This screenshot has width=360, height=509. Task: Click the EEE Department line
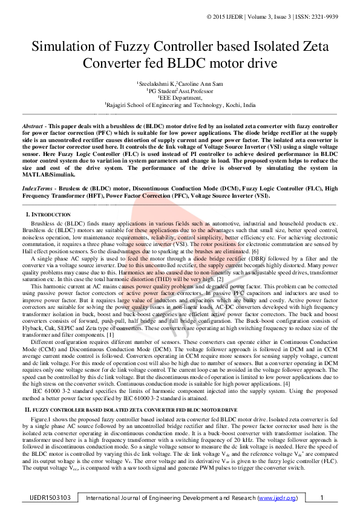[x=180, y=97]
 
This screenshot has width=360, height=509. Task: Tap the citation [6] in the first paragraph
[x=255, y=251]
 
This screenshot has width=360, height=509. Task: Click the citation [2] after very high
[x=220, y=279]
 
